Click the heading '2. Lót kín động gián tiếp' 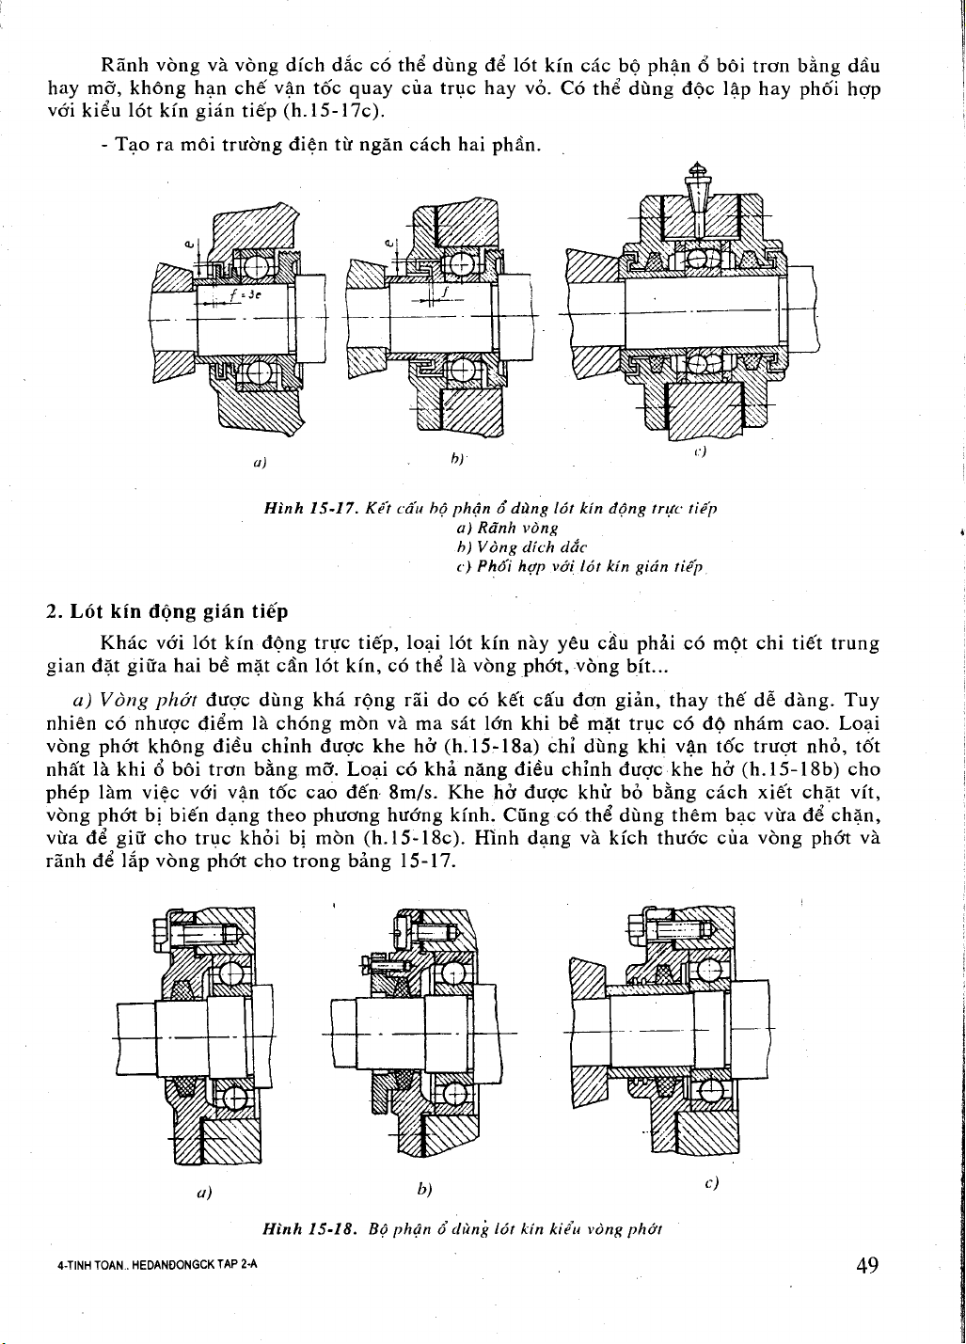point(166,611)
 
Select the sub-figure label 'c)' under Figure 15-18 point(711,1183)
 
